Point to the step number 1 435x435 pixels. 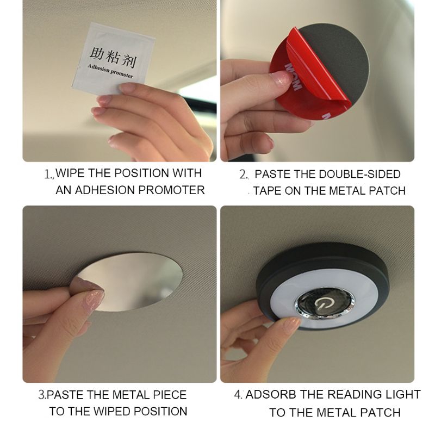(x=48, y=175)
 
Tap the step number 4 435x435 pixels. (x=238, y=395)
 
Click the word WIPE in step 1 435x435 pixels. (x=71, y=173)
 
